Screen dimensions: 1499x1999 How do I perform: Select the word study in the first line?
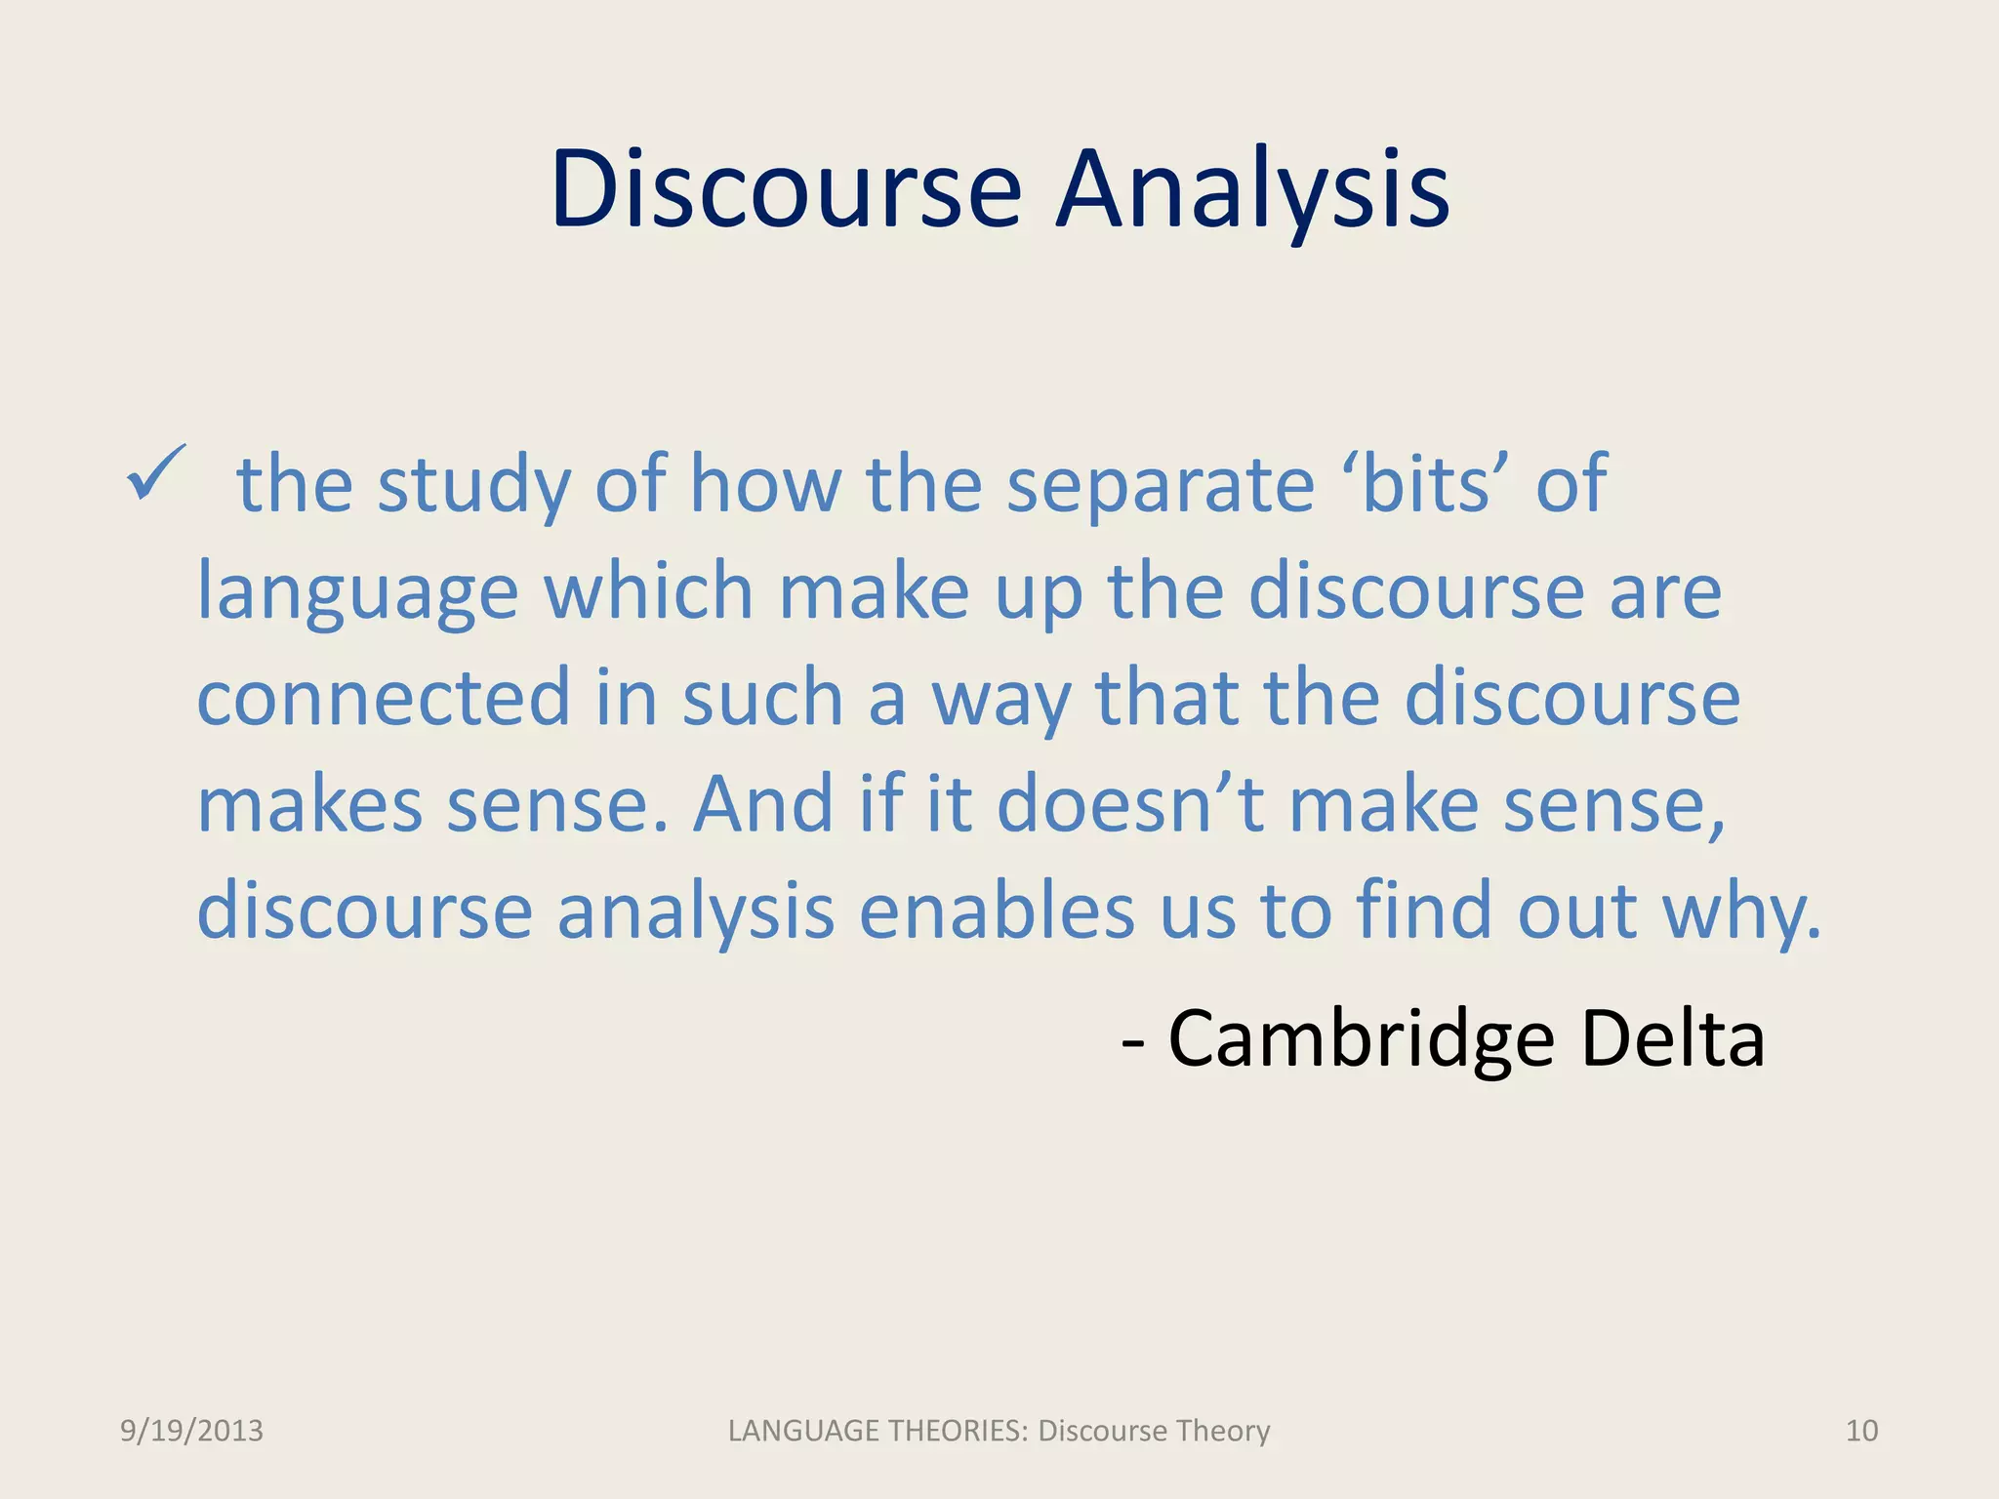(x=473, y=485)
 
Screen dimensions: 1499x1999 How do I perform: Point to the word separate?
(x=1161, y=485)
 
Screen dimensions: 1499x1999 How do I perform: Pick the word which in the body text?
(x=648, y=591)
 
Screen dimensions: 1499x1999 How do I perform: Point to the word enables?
(x=997, y=911)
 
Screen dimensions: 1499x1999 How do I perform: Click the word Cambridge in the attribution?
(x=1362, y=1038)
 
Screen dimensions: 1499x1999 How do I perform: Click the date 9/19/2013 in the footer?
(x=191, y=1431)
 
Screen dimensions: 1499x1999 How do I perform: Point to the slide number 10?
(x=1861, y=1431)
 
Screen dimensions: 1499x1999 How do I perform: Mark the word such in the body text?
(x=762, y=698)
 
